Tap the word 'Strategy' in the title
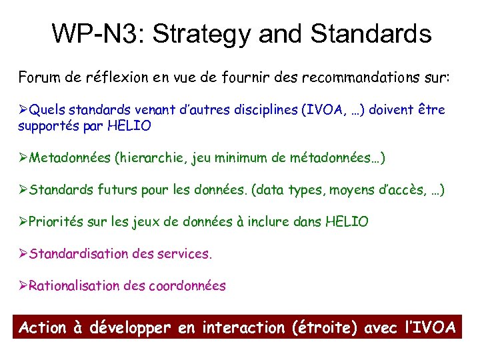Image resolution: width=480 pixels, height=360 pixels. point(198,33)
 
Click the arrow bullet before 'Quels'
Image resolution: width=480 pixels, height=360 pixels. point(23,109)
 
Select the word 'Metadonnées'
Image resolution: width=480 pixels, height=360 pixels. point(70,158)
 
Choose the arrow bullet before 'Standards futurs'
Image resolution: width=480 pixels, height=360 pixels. point(23,191)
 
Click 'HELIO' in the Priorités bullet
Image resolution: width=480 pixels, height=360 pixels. point(346,222)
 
